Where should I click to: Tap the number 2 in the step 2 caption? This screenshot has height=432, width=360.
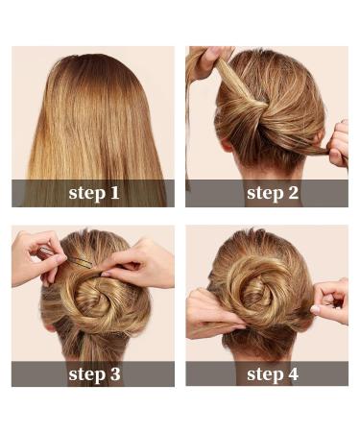click(292, 193)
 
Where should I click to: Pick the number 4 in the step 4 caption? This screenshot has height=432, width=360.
click(292, 373)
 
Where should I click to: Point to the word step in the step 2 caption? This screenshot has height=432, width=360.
click(264, 193)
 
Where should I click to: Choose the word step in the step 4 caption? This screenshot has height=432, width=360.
click(264, 373)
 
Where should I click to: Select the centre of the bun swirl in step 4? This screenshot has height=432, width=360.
click(259, 285)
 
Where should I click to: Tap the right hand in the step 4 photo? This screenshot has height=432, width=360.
click(330, 300)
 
